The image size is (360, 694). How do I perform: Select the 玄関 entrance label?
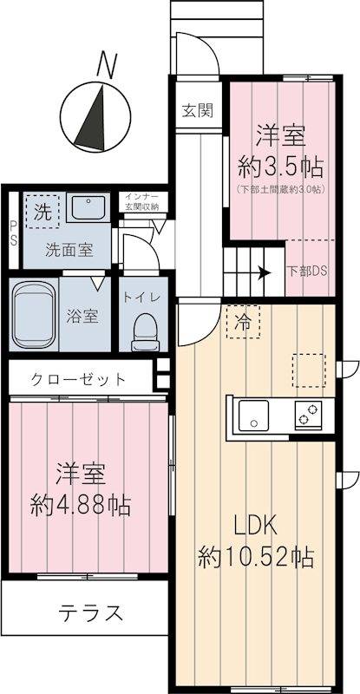[197, 110]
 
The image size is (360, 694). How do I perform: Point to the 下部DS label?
[308, 271]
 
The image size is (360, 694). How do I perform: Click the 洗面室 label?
[70, 249]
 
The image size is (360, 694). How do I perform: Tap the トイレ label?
[141, 297]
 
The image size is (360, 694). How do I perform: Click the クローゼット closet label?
[79, 379]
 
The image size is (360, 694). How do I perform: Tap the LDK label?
[254, 526]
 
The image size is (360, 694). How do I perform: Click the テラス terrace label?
[90, 612]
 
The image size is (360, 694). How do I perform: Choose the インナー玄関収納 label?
[141, 201]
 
